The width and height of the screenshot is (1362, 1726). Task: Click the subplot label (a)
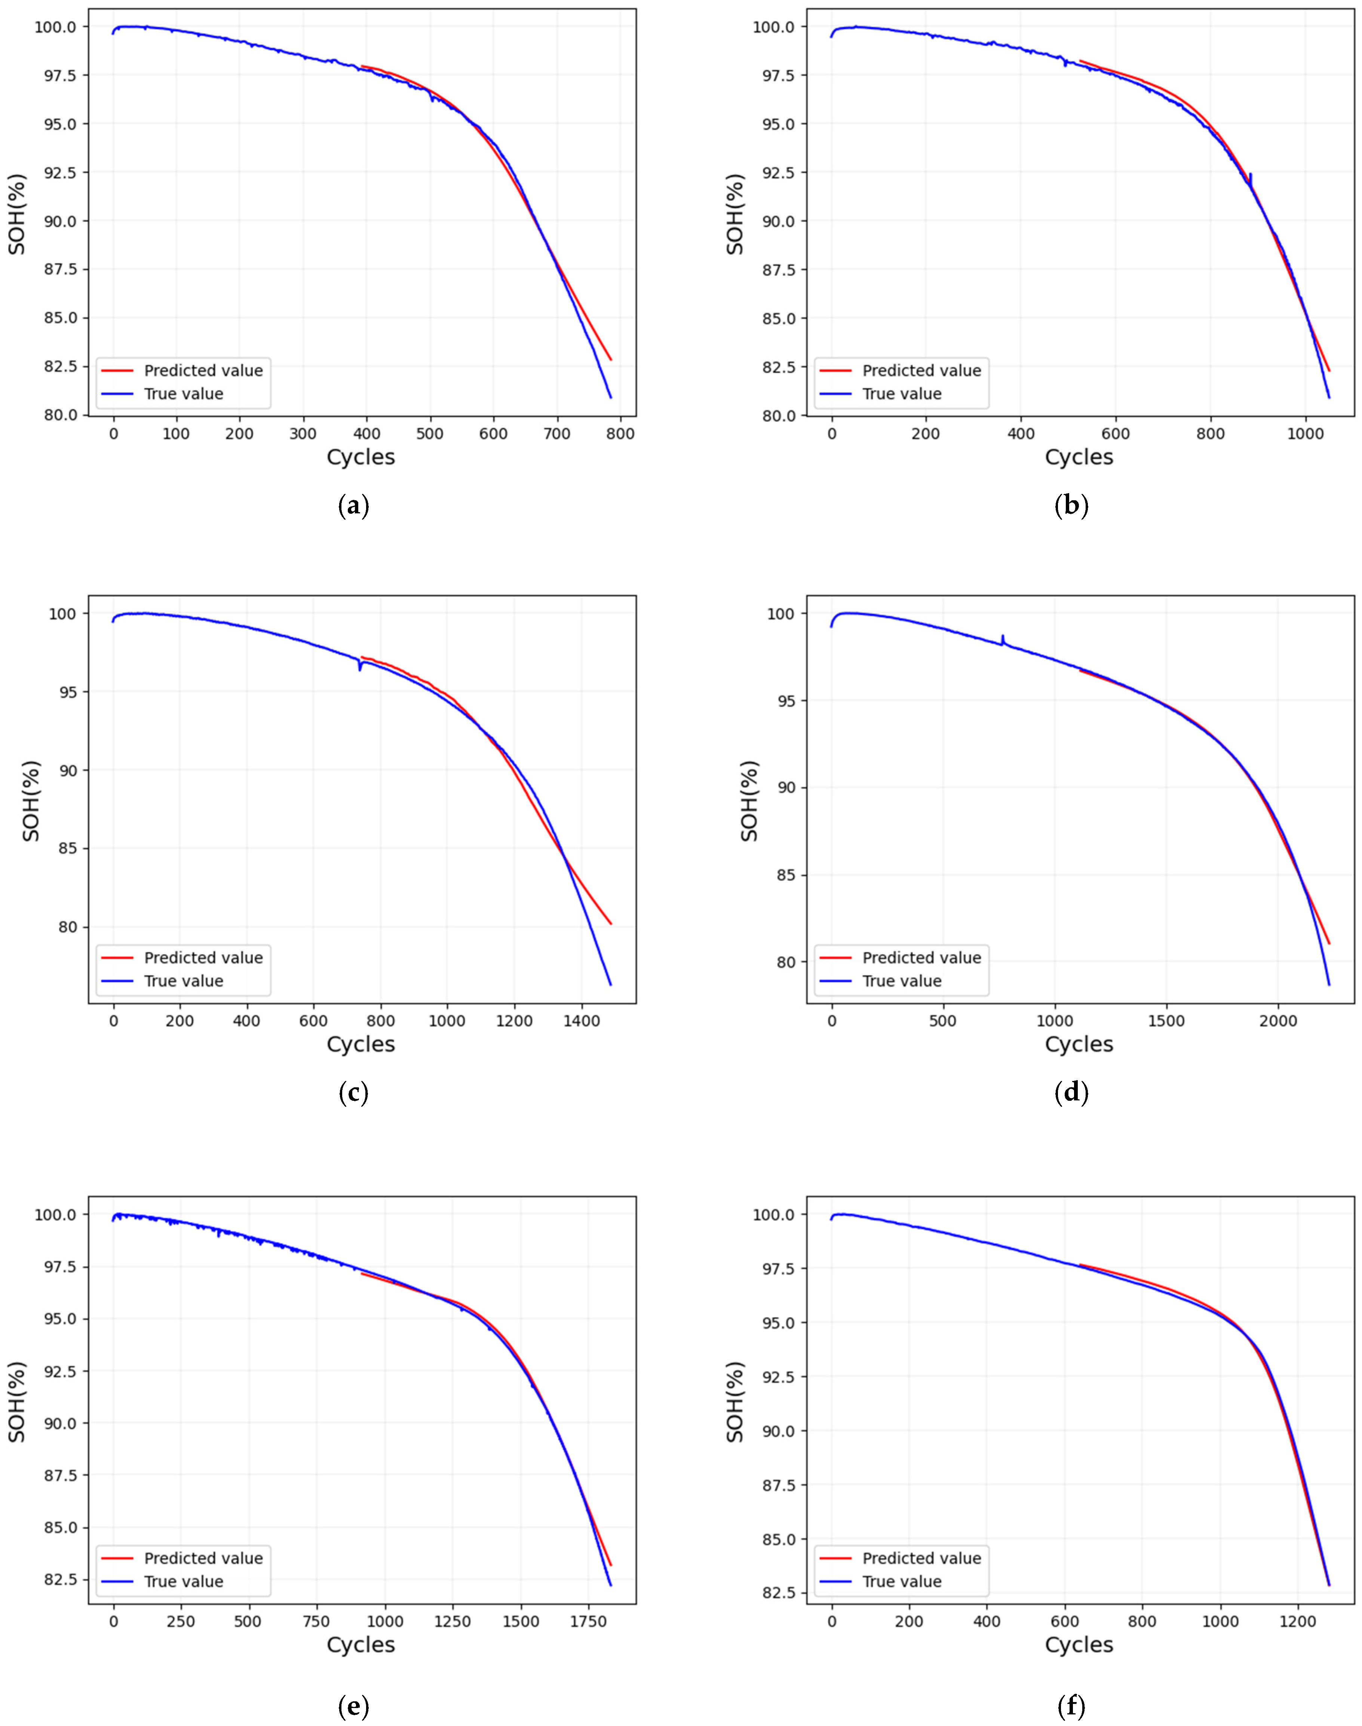tap(353, 505)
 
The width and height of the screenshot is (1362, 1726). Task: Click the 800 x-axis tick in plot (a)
tap(620, 434)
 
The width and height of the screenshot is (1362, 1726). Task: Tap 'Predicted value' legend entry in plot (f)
tap(921, 1558)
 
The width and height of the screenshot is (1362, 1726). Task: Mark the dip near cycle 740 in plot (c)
tap(360, 668)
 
